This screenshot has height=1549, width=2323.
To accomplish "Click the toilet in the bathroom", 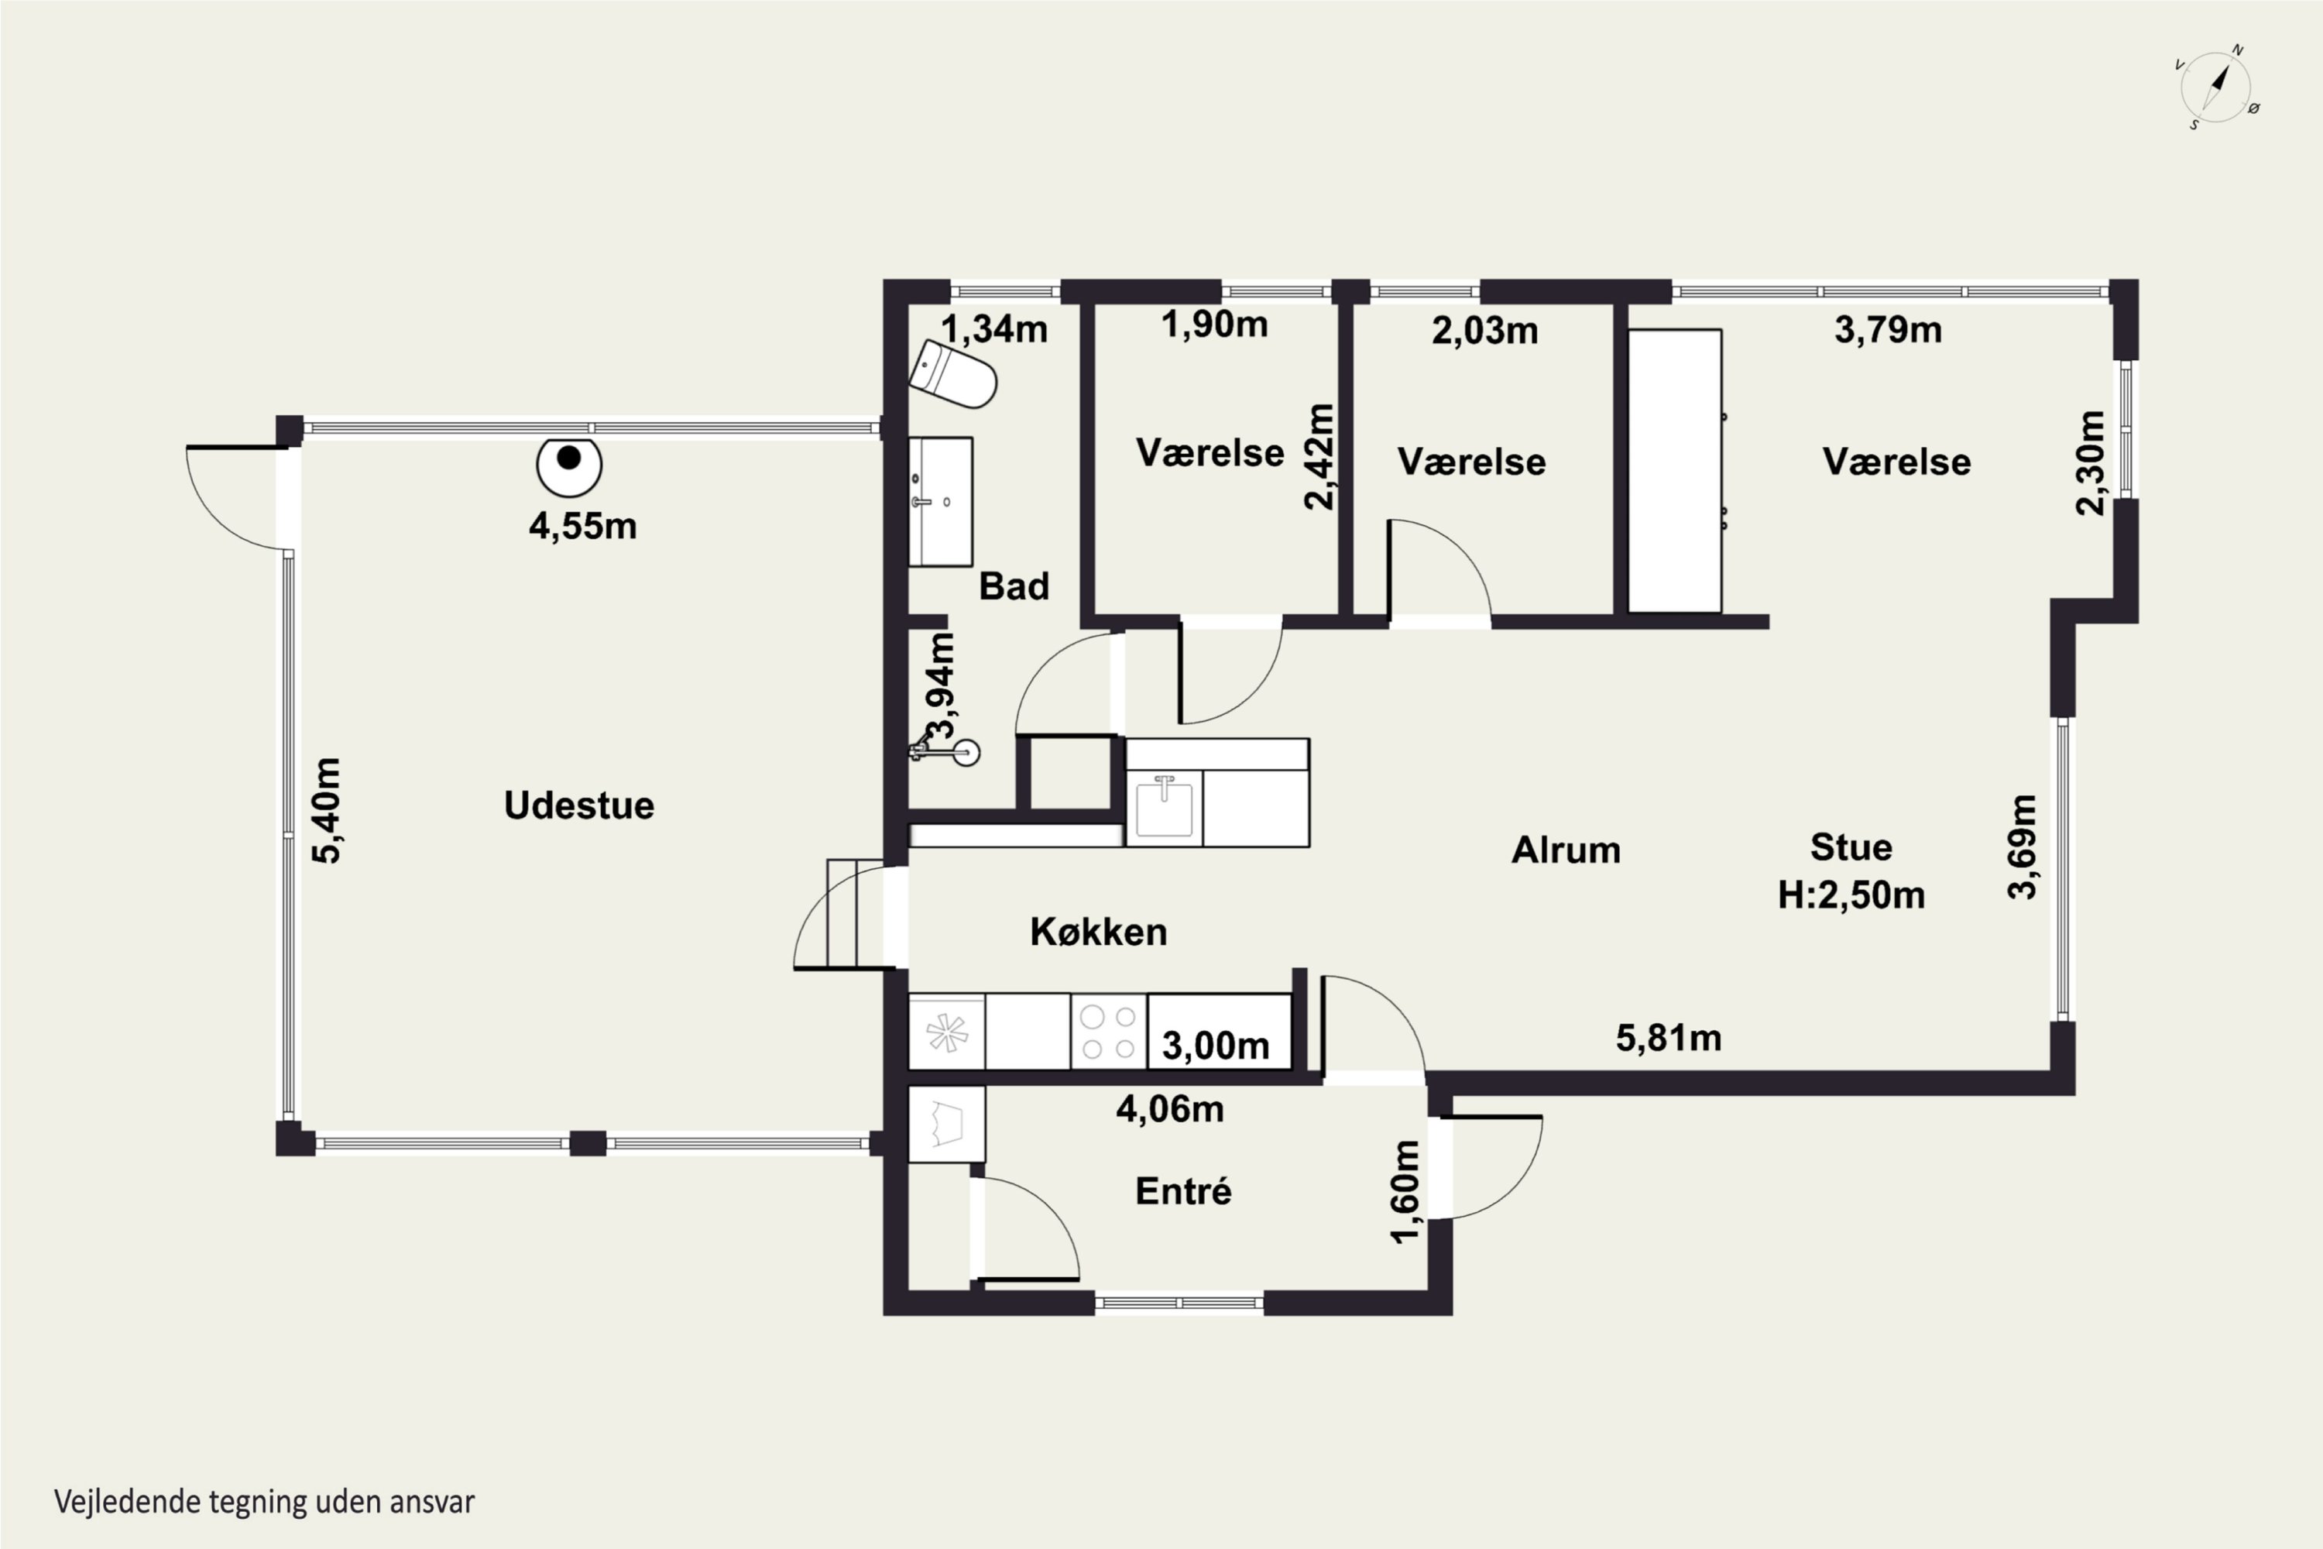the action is pos(952,374).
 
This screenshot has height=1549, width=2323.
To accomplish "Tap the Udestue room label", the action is pos(578,805).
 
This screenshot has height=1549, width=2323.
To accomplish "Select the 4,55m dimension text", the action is pos(583,526).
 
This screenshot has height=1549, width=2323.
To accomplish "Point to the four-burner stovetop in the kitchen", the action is pos(1108,1032).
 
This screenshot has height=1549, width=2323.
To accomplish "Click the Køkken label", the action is pos(1098,932).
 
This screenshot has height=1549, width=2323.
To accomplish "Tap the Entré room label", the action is pos(1183,1190).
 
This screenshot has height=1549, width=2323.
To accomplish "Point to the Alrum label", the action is pos(1566,850).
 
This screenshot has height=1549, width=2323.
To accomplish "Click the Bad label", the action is pos(1014,586).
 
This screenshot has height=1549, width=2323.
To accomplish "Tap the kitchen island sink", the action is pos(1165,807).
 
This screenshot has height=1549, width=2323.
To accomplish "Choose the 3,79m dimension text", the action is pos(1888,329).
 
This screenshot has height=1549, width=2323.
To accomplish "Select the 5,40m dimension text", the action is pos(327,810).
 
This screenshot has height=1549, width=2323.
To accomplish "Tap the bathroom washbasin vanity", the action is pos(940,502).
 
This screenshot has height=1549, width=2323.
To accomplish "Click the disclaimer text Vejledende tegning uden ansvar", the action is pos(265,1502).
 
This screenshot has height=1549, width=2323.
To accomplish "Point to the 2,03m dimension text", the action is pos(1484,330).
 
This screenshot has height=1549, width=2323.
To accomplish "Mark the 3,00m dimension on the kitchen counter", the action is pos(1215,1045).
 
